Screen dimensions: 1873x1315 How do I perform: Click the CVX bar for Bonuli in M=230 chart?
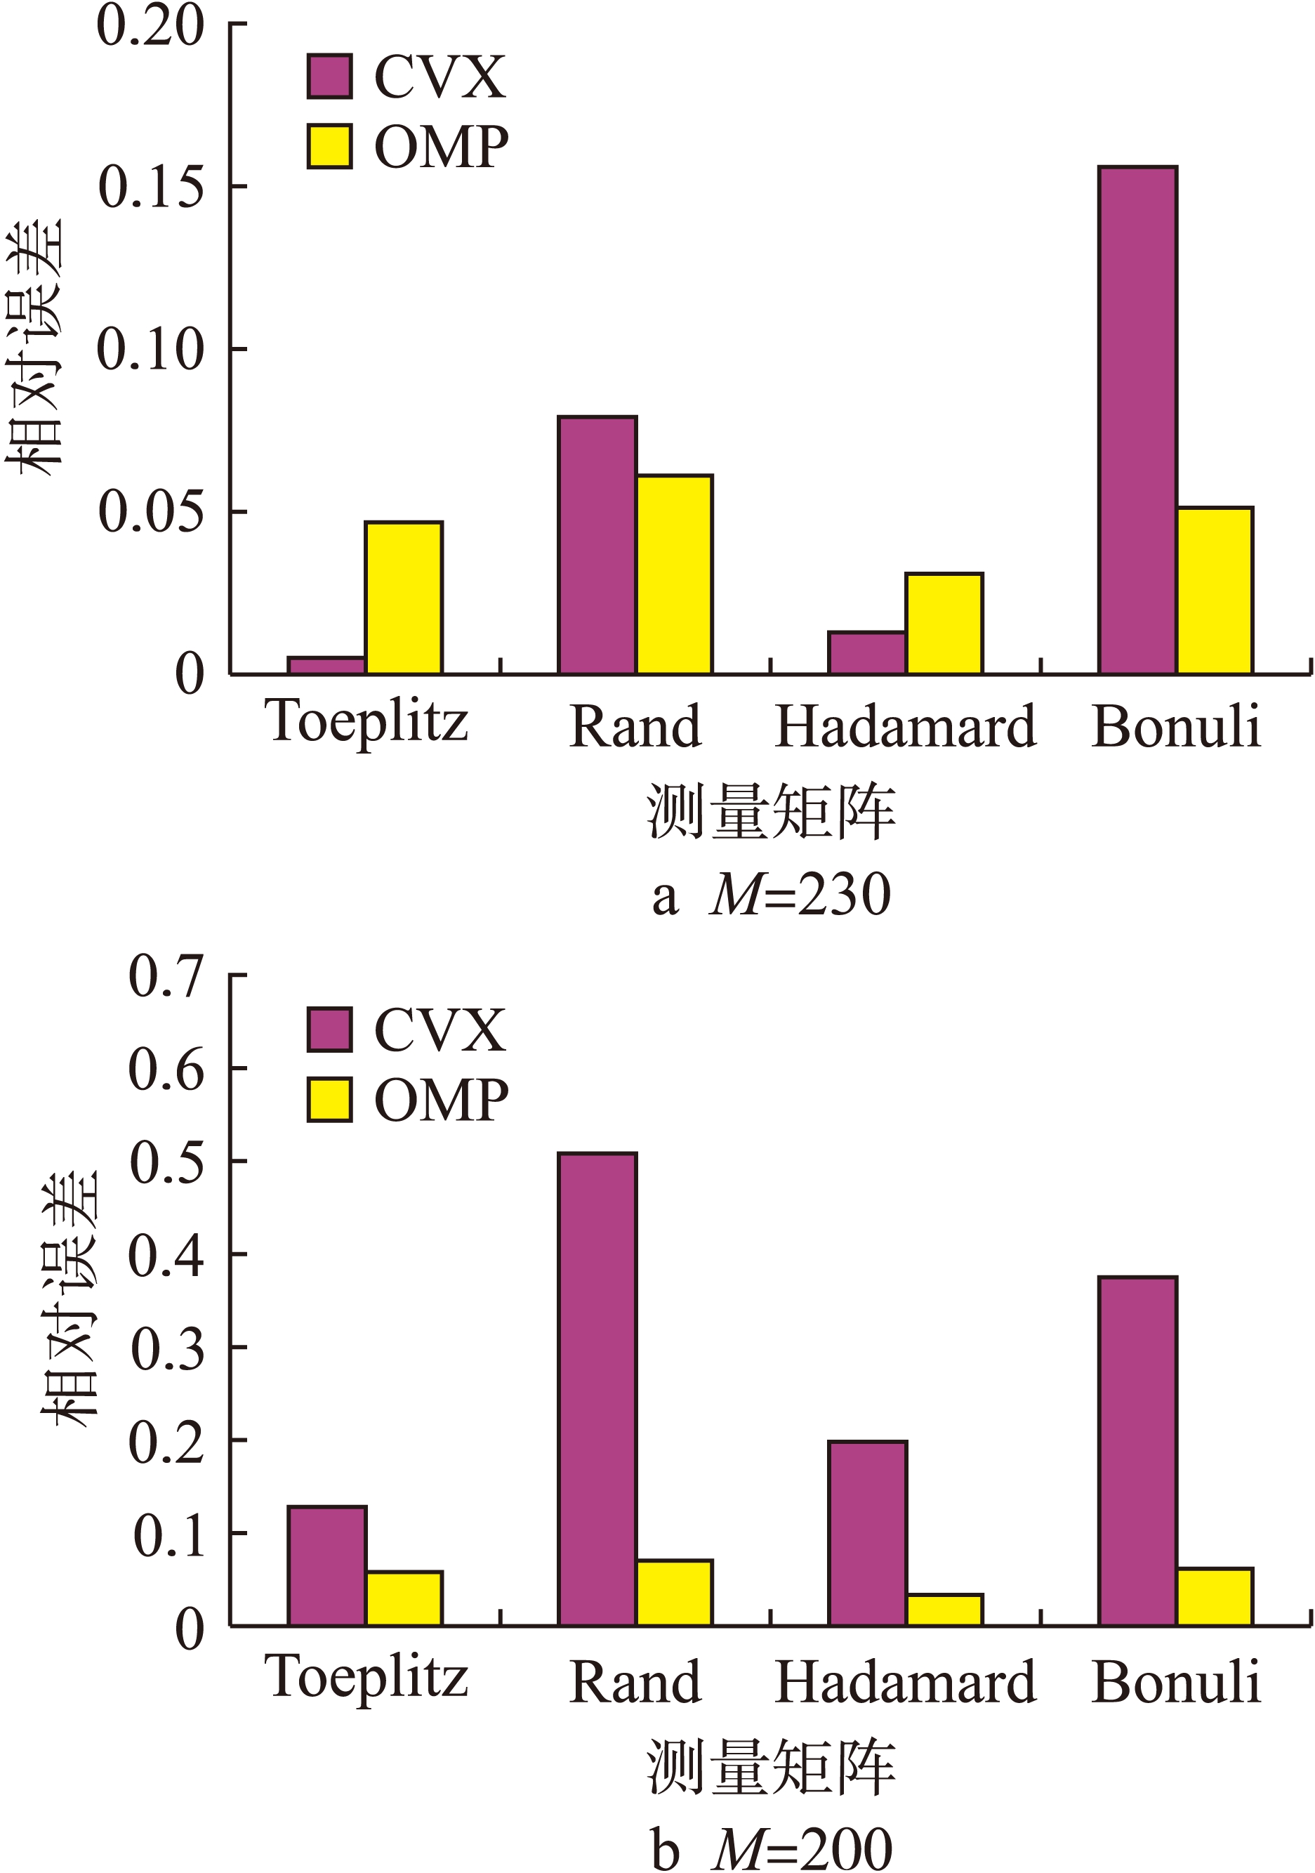pyautogui.click(x=1137, y=420)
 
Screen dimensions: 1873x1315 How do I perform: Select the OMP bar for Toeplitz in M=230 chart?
pyautogui.click(x=404, y=598)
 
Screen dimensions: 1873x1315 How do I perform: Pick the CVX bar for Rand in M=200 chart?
pyautogui.click(x=597, y=1390)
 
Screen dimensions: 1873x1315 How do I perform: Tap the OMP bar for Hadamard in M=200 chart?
pyautogui.click(x=944, y=1610)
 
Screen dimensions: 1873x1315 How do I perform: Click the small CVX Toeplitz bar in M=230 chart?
pyautogui.click(x=326, y=666)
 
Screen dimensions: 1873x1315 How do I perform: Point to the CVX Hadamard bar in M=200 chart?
pyautogui.click(x=867, y=1534)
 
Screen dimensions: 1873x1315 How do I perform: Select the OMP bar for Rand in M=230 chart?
pyautogui.click(x=674, y=574)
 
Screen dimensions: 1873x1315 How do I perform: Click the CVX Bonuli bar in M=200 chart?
pyautogui.click(x=1137, y=1452)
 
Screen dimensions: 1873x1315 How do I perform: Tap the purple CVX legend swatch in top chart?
pyautogui.click(x=329, y=77)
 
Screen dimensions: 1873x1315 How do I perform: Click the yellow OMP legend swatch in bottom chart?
pyautogui.click(x=329, y=1100)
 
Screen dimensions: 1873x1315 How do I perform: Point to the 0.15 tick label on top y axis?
pyautogui.click(x=150, y=187)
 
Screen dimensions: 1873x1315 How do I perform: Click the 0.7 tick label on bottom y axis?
pyautogui.click(x=166, y=975)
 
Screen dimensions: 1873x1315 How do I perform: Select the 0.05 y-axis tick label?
pyautogui.click(x=150, y=512)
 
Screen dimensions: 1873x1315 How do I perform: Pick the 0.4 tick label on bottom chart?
pyautogui.click(x=166, y=1256)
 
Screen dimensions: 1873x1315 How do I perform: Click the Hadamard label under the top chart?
pyautogui.click(x=905, y=726)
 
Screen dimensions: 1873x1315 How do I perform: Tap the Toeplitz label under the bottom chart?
pyautogui.click(x=366, y=1678)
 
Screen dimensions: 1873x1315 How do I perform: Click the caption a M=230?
pyautogui.click(x=771, y=895)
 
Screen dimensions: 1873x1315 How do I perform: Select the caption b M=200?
pyautogui.click(x=771, y=1850)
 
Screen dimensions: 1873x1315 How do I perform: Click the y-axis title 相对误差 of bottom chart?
pyautogui.click(x=71, y=1298)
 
